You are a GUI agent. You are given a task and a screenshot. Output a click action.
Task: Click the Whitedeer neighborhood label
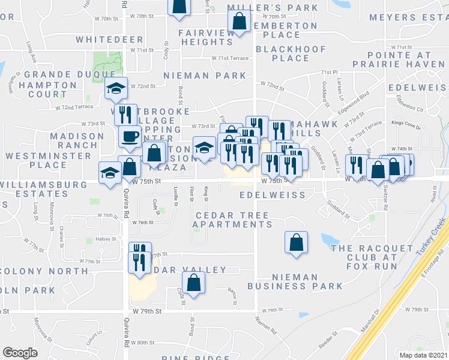109,40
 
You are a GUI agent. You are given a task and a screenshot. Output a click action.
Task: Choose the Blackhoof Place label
291,53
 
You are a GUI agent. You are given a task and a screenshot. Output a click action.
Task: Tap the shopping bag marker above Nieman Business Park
295,243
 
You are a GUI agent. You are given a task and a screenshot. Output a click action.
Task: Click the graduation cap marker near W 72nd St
115,89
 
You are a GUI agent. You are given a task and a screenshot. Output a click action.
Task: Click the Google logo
20,352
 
